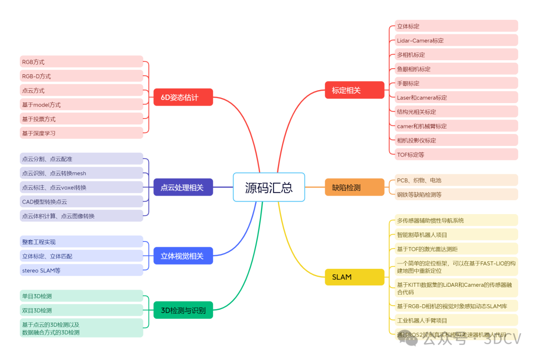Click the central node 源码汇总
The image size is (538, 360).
(269, 187)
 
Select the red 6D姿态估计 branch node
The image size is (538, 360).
(183, 97)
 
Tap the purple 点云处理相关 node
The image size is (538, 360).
(182, 187)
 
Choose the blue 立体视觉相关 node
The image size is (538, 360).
(182, 256)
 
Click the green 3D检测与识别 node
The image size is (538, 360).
(183, 311)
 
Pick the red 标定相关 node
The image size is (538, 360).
(354, 90)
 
